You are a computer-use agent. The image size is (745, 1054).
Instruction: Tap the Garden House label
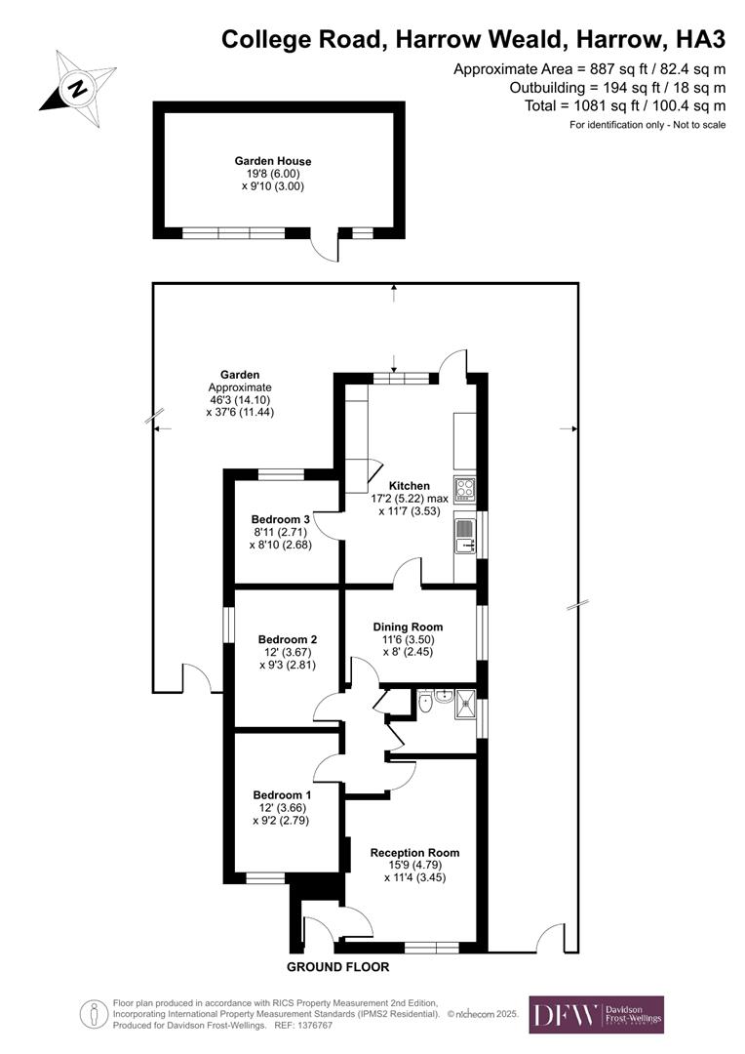pos(272,161)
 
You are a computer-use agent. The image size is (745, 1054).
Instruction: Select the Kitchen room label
pos(409,485)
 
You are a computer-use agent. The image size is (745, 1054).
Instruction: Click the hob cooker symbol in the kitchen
pos(464,488)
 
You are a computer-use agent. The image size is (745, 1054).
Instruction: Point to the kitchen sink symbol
pos(464,535)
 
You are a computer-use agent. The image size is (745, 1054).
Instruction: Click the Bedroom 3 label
pos(281,518)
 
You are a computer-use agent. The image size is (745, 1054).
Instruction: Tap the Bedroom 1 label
pos(281,795)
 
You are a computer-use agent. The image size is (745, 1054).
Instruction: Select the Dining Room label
pos(409,627)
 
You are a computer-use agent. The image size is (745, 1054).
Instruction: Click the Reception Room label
pos(414,852)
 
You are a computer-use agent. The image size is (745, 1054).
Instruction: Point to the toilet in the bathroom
pos(425,701)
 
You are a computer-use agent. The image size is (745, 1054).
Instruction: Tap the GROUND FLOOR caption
pos(337,967)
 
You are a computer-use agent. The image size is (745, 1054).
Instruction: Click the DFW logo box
pos(596,1014)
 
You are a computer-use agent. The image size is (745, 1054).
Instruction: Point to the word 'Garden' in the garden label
pos(239,374)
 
